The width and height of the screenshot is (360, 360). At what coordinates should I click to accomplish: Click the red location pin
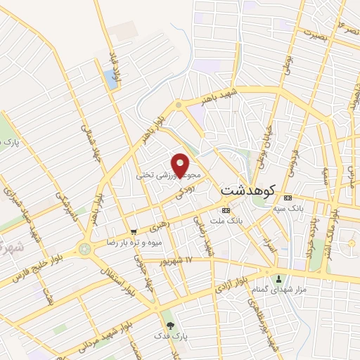click(x=181, y=164)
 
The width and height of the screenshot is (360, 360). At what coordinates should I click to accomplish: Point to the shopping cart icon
click(x=134, y=231)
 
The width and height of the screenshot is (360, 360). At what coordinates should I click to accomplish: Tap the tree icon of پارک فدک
click(x=170, y=325)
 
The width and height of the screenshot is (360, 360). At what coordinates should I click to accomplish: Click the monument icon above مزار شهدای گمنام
click(x=279, y=278)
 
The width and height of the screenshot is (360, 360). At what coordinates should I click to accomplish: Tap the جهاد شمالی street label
click(x=89, y=144)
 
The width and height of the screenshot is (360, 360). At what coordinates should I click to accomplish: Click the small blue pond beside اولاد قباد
click(x=110, y=79)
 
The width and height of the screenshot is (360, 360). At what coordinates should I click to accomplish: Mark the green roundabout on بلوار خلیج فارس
click(x=85, y=249)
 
